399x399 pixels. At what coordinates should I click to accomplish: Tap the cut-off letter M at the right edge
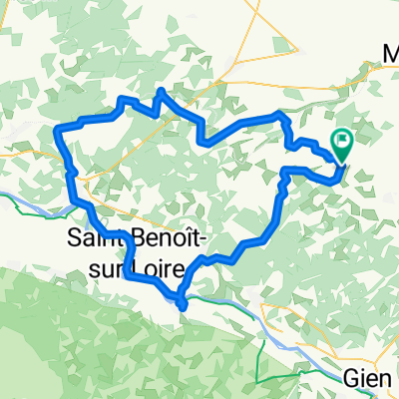coord(391,53)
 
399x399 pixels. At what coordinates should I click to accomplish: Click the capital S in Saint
coord(74,239)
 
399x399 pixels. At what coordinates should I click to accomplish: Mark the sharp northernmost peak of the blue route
coord(160,93)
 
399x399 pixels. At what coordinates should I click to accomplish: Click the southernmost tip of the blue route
coord(184,306)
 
